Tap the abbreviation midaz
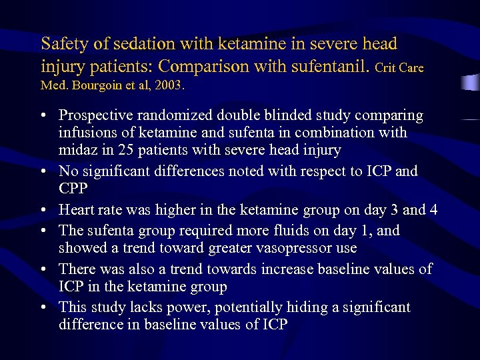78,151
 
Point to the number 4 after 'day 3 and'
433,210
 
